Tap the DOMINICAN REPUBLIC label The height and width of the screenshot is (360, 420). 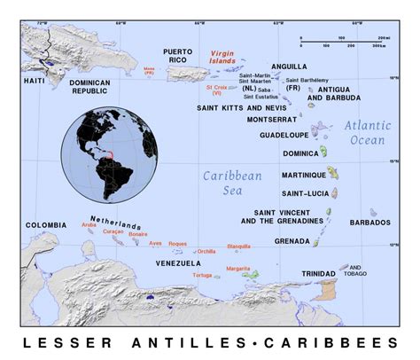click(x=95, y=86)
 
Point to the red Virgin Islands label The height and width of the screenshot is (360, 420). click(x=222, y=56)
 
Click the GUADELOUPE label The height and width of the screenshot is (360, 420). click(x=284, y=136)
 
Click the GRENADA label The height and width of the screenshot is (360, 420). click(x=292, y=240)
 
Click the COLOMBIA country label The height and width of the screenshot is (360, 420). click(x=45, y=225)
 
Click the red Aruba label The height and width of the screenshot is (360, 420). click(x=89, y=225)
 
